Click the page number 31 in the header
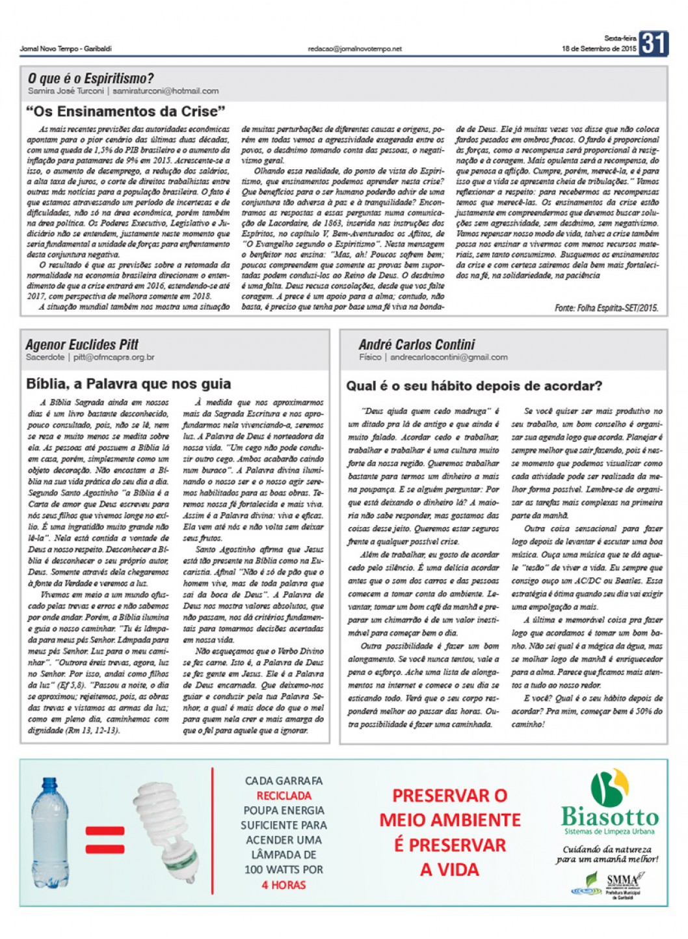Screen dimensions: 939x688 [653, 43]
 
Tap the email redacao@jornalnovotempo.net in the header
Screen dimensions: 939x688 [355, 49]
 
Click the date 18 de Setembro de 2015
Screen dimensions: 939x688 [599, 49]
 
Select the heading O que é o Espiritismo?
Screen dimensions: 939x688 [91, 79]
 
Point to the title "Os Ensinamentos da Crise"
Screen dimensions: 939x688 [126, 111]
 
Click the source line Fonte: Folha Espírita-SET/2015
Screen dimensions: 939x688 [606, 308]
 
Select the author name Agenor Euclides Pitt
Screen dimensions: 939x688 [82, 344]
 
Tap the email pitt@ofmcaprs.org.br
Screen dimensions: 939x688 [114, 357]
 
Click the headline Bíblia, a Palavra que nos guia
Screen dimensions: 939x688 [128, 383]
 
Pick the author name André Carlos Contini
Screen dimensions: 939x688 [416, 344]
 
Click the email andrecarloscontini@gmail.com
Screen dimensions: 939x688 [449, 357]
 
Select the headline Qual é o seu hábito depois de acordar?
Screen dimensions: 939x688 [474, 386]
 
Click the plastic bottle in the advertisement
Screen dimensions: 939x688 [50, 832]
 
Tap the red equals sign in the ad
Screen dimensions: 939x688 [104, 840]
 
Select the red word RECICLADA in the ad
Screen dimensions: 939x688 [284, 796]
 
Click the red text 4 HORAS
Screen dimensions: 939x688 [284, 885]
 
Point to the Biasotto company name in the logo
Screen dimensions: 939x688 [609, 817]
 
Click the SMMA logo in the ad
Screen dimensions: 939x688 [621, 883]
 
